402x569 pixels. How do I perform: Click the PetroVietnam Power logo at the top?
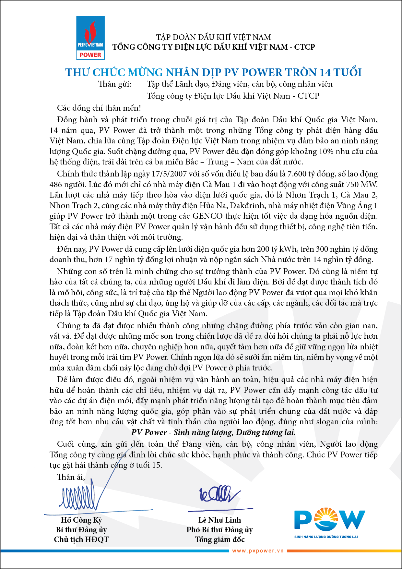(90, 38)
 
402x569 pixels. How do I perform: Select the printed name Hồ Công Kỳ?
(81, 520)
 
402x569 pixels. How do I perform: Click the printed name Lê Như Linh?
(219, 520)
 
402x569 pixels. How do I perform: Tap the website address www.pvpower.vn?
(258, 551)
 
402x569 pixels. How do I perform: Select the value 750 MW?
(361, 184)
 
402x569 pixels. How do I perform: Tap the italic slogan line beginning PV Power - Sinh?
(213, 432)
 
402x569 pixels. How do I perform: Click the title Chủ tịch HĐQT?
(81, 539)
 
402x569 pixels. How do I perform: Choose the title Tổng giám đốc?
(219, 539)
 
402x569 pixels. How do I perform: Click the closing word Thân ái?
(71, 477)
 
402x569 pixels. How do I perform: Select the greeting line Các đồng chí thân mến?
(99, 108)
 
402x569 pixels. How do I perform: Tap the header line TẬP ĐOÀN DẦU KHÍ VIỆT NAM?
(213, 37)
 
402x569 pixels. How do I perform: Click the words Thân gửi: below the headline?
(115, 84)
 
